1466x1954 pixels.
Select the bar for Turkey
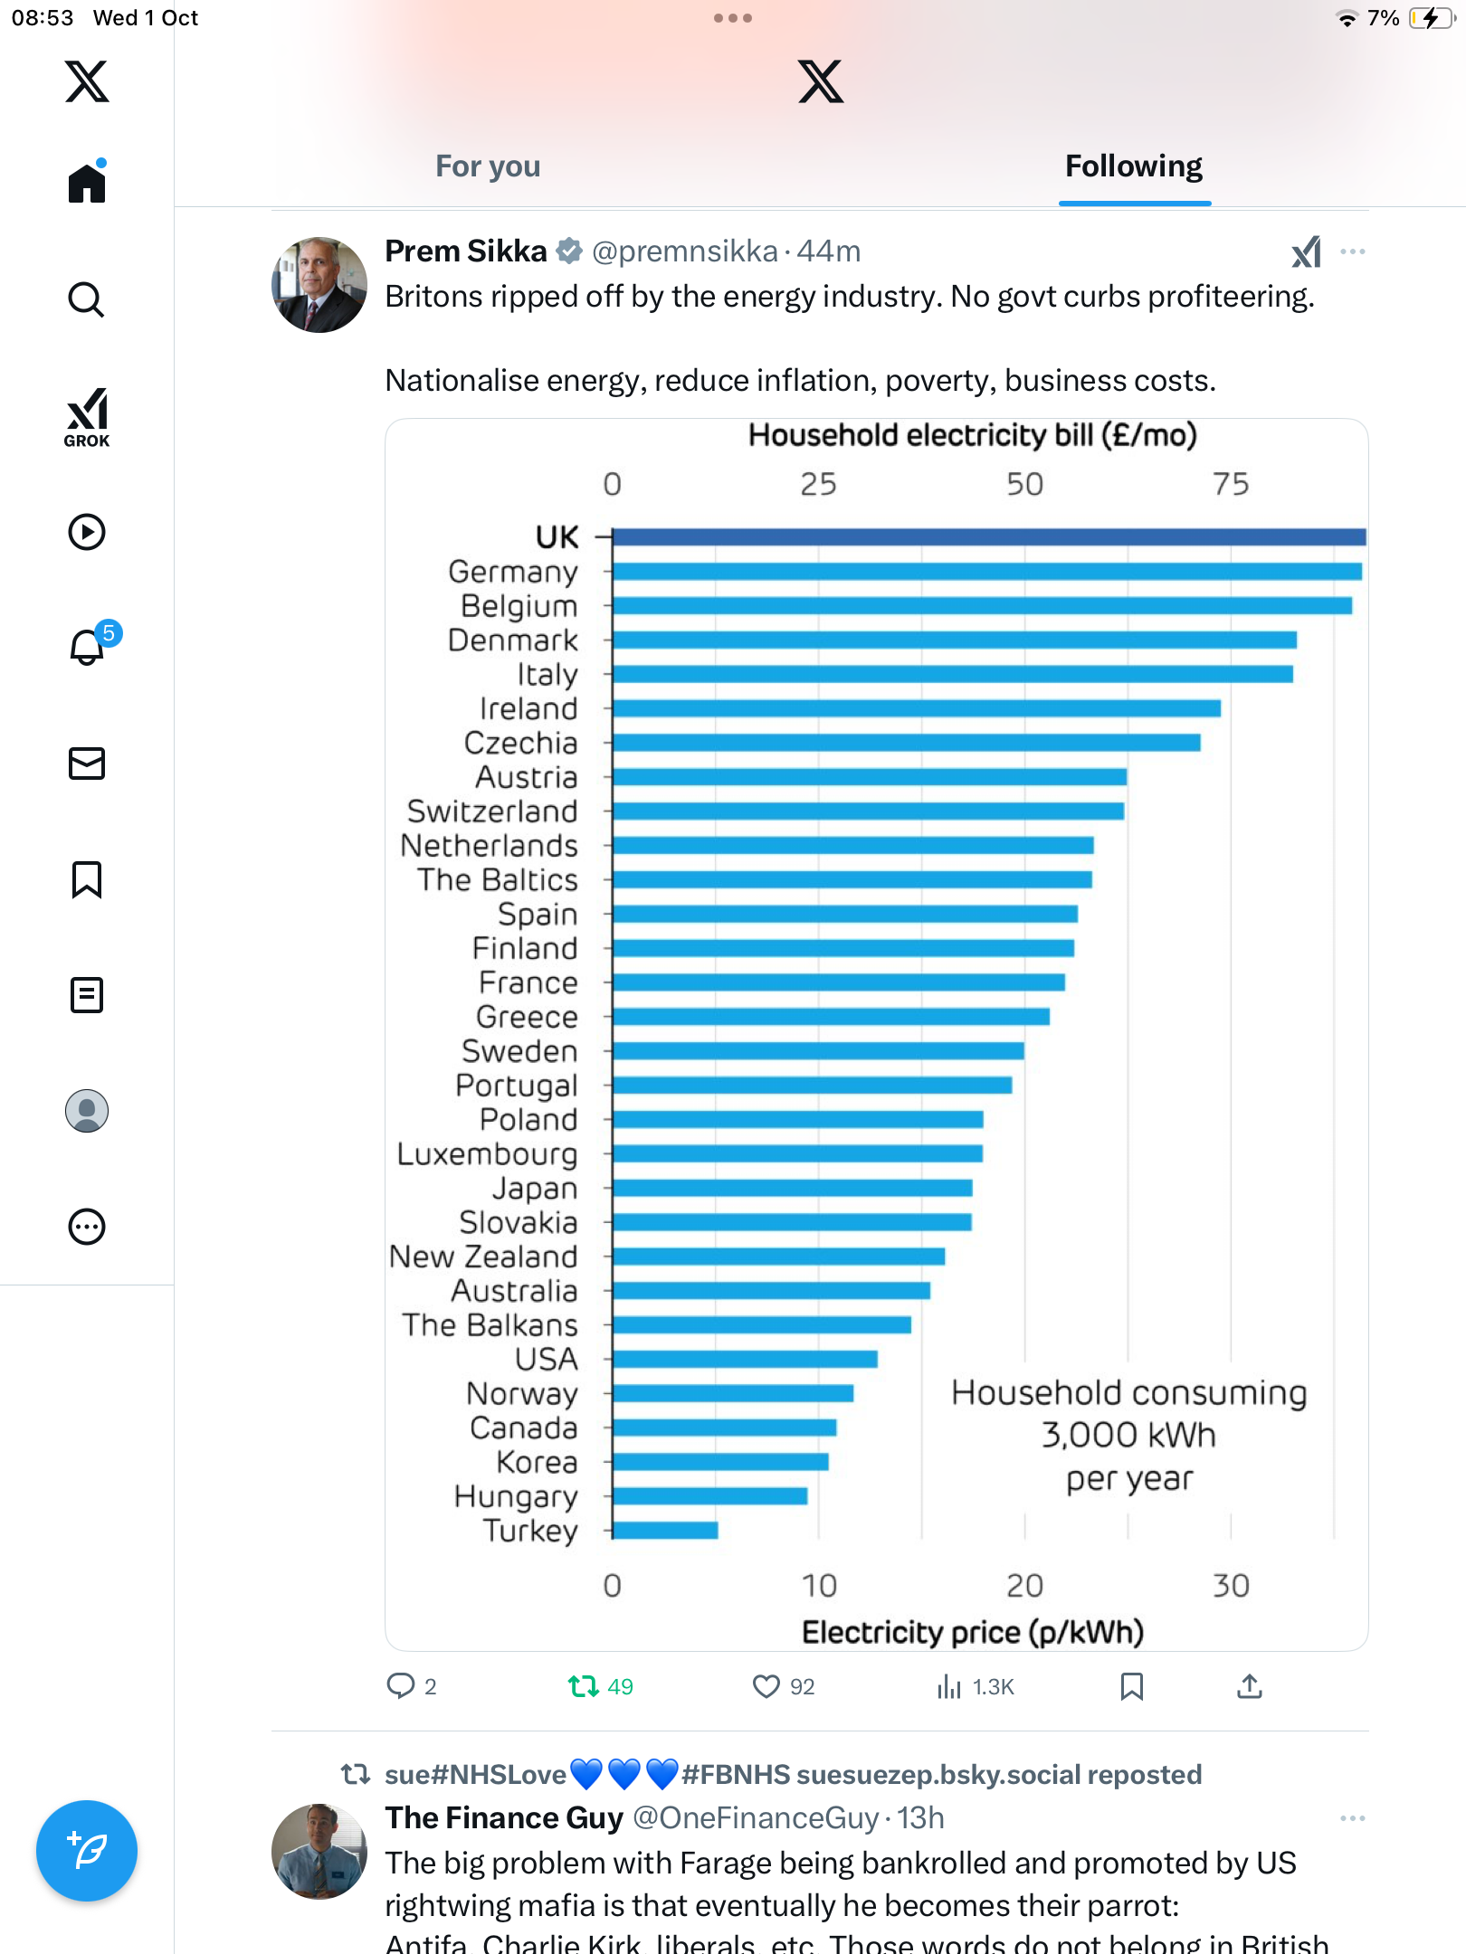point(665,1530)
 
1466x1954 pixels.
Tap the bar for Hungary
point(709,1496)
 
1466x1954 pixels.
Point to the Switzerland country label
point(492,811)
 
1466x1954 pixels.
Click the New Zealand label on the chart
point(483,1257)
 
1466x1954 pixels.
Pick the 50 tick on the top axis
point(1024,485)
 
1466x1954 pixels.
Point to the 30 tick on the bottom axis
point(1231,1585)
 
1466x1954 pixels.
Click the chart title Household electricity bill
point(972,436)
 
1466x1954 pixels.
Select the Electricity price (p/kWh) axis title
point(972,1632)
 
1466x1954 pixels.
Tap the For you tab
point(488,166)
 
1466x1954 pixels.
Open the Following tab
point(1133,166)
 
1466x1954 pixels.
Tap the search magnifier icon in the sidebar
point(87,299)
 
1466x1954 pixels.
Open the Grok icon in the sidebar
point(87,416)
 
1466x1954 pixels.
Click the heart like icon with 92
point(766,1686)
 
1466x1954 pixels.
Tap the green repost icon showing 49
point(584,1686)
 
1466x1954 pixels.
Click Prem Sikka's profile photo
point(319,285)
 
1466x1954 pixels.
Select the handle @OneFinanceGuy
point(755,1818)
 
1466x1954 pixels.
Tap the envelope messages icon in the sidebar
point(87,764)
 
